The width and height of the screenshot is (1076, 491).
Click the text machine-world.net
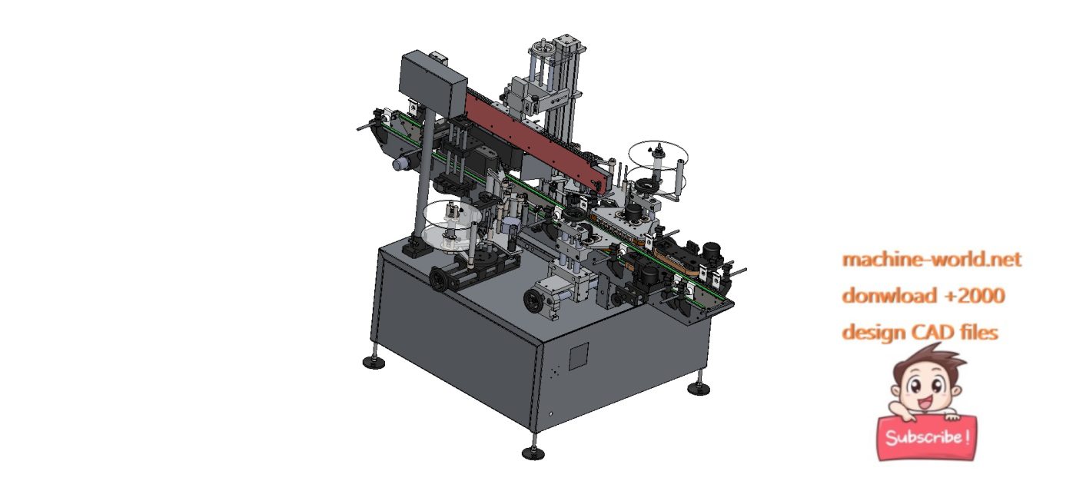(x=932, y=260)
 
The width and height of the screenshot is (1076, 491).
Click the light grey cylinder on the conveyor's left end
(x=400, y=164)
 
